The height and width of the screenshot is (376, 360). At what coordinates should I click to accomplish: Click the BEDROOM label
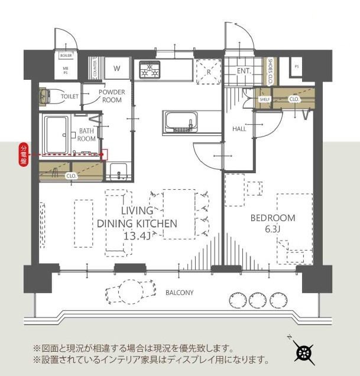coord(273,218)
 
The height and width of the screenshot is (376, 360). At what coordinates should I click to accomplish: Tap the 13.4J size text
coord(137,235)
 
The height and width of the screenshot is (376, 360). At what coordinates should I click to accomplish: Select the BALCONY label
coord(179,293)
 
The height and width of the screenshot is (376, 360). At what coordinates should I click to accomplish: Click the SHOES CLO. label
coord(270,70)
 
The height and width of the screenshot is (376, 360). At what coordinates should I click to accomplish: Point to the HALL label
coord(239,128)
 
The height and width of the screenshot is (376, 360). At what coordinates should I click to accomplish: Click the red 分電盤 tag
coord(24,154)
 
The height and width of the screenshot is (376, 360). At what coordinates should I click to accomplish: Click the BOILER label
coord(66,55)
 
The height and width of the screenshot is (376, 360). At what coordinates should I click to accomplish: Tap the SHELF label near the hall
coord(265,99)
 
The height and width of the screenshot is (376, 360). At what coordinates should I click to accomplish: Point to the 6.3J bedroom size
coord(273,229)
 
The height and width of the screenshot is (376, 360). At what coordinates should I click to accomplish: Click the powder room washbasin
coord(119,172)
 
